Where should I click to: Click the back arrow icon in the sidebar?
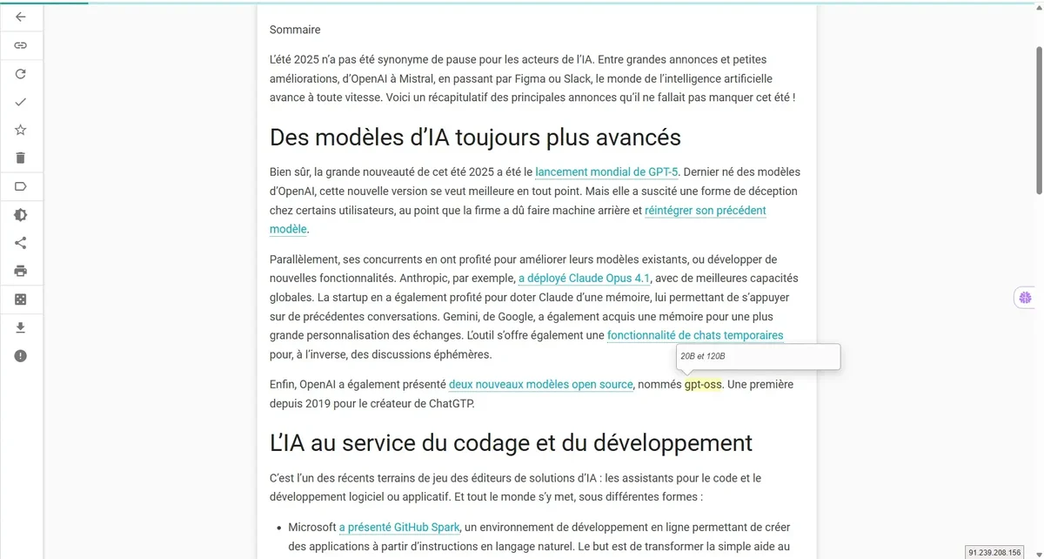(x=21, y=17)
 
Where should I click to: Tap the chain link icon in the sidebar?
(x=21, y=45)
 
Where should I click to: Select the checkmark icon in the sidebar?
(x=21, y=102)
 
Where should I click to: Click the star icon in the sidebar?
(x=21, y=130)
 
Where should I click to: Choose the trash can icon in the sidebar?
(x=21, y=158)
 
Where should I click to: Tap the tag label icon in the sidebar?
(x=21, y=186)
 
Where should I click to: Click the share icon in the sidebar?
(x=21, y=243)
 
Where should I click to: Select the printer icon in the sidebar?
(x=21, y=271)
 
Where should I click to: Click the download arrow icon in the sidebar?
(x=21, y=327)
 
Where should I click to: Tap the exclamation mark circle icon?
(x=21, y=355)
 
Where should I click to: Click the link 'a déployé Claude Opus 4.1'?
(x=585, y=279)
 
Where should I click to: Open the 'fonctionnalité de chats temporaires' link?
(x=695, y=335)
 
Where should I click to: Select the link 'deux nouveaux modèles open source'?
(x=540, y=384)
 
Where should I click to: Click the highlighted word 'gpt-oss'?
(x=703, y=384)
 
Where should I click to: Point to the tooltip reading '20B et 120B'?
(x=758, y=357)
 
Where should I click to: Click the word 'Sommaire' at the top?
(x=295, y=30)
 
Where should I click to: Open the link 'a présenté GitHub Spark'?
(x=399, y=527)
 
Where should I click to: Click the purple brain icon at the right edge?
(x=1026, y=298)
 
